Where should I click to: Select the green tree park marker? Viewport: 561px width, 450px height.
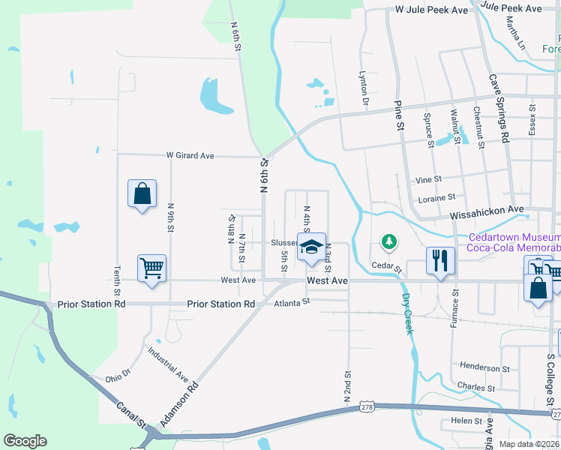[388, 241]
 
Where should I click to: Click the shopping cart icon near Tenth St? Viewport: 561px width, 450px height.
[151, 267]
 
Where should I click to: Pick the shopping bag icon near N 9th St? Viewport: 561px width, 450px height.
[142, 193]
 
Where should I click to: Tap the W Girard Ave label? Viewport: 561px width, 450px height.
[190, 156]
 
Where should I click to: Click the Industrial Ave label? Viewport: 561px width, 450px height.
[167, 363]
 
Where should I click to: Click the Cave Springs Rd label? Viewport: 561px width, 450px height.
[499, 107]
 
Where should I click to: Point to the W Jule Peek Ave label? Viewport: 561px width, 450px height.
[432, 10]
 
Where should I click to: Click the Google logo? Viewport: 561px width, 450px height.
[25, 441]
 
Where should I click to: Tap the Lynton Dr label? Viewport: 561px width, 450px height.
[364, 90]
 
